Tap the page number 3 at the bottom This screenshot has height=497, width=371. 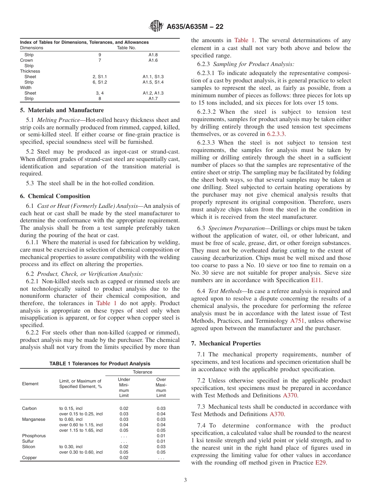185,480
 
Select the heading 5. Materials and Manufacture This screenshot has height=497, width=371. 62,110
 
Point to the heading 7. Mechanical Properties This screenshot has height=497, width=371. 226,343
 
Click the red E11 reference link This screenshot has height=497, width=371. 316,280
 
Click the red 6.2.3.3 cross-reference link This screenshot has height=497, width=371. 276,134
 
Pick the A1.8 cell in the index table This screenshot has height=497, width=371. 153,55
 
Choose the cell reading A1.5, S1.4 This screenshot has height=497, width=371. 153,82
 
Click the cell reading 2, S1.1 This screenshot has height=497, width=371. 100,77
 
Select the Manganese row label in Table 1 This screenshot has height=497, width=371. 34,419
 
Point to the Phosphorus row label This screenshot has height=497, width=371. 34,436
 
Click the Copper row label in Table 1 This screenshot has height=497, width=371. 29,458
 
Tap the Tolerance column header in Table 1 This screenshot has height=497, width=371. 143,372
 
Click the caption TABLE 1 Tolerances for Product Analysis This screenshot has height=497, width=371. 100,364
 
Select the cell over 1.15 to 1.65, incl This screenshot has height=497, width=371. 81,430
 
